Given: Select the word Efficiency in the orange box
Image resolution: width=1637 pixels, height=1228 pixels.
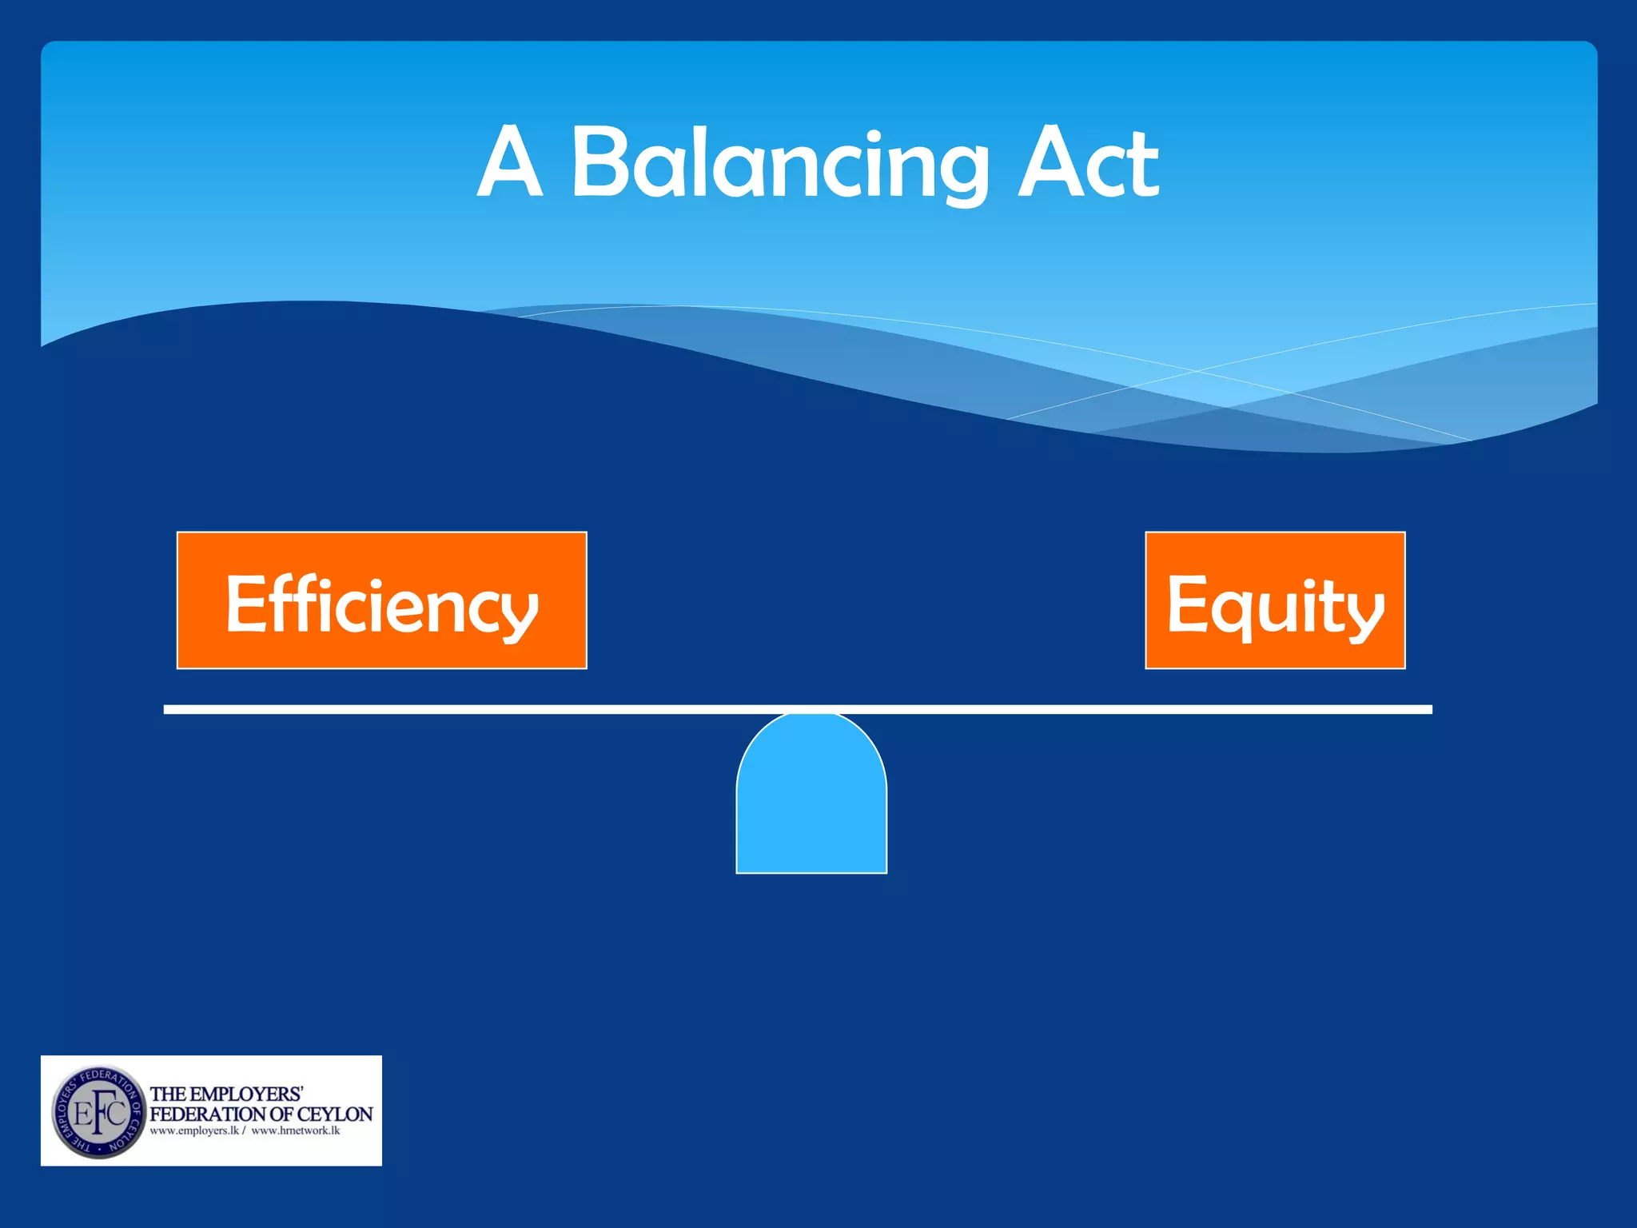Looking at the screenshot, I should [x=381, y=604].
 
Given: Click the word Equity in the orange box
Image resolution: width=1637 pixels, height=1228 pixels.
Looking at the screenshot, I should [x=1275, y=604].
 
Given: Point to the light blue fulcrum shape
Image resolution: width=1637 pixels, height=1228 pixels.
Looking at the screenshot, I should [x=811, y=799].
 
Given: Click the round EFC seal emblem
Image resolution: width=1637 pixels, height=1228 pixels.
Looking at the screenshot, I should [x=98, y=1111].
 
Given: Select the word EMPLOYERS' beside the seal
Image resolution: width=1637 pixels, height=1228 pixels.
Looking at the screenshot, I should [x=249, y=1094].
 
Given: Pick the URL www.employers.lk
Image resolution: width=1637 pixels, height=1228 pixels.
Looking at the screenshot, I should [x=194, y=1131].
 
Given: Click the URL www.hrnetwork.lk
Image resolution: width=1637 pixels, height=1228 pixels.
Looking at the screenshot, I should [x=296, y=1131].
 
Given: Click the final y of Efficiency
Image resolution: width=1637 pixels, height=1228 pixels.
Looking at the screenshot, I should [x=521, y=614].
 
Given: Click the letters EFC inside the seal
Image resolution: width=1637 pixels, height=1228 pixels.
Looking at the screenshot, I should [x=99, y=1113].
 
